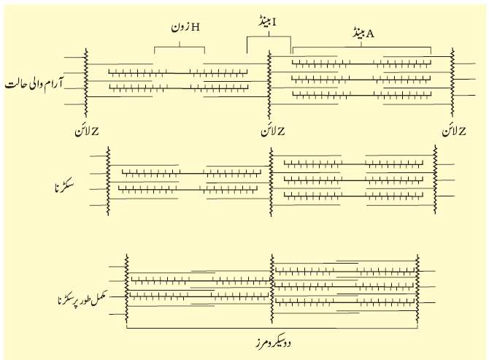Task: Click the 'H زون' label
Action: [x=185, y=27]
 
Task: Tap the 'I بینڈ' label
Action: [x=267, y=22]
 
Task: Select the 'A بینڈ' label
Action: [x=363, y=34]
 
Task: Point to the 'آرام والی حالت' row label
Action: [x=34, y=84]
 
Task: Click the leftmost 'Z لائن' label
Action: [x=87, y=131]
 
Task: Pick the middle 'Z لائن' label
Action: [x=273, y=131]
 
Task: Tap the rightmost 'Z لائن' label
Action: [x=454, y=131]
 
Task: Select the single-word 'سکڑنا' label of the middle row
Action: [x=64, y=187]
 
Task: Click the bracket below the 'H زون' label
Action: [x=180, y=47]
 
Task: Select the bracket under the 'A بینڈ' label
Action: [x=362, y=47]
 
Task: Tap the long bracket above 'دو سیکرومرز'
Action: [x=272, y=328]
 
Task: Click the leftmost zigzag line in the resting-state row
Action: [x=86, y=83]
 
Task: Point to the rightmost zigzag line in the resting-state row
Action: [x=452, y=83]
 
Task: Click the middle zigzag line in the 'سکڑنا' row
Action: [x=271, y=182]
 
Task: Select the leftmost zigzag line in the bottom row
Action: [x=126, y=288]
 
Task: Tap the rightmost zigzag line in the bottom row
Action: [x=417, y=288]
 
